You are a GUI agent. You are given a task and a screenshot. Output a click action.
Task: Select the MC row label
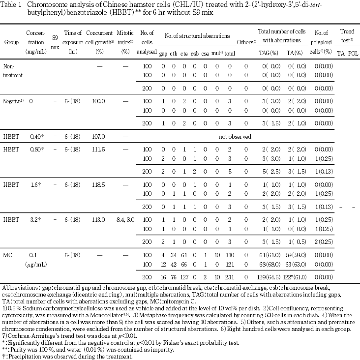click(8, 255)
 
